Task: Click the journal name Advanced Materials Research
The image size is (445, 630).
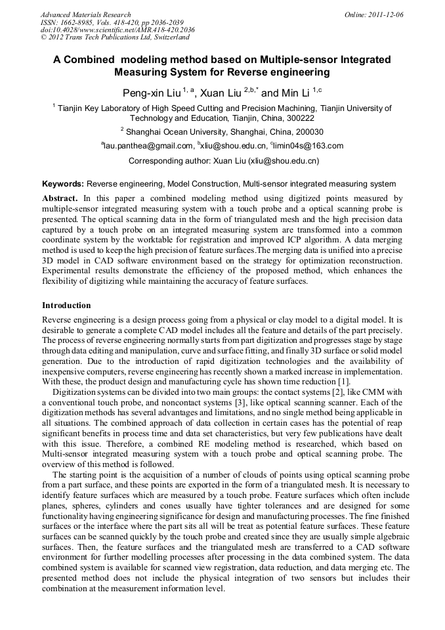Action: (x=85, y=14)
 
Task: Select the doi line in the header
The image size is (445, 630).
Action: (x=117, y=30)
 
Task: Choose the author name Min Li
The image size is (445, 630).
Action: (x=294, y=93)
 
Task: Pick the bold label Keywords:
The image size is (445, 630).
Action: (x=63, y=185)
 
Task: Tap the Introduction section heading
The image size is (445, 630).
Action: (x=66, y=305)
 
